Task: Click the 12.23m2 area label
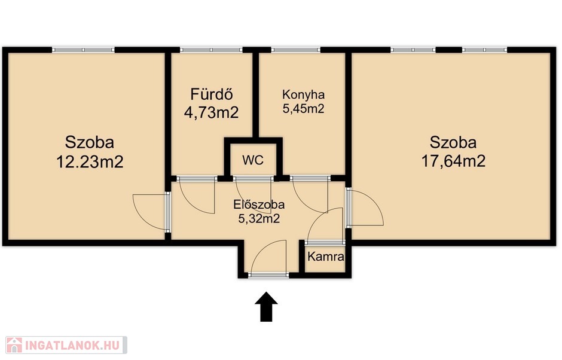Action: click(90, 161)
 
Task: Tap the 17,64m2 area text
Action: click(453, 161)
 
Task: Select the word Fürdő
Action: click(212, 94)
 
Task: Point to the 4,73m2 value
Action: click(211, 113)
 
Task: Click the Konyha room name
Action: click(304, 94)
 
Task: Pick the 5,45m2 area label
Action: click(304, 108)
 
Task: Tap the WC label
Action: click(253, 160)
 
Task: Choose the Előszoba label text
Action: click(259, 205)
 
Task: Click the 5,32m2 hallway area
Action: click(259, 218)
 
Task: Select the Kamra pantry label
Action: click(326, 257)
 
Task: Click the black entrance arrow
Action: click(266, 307)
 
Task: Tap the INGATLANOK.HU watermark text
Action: click(72, 345)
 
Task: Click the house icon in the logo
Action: click(14, 345)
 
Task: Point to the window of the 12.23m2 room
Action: click(83, 50)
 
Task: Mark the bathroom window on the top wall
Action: click(211, 50)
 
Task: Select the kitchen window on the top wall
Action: click(296, 50)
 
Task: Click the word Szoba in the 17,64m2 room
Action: click(453, 143)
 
